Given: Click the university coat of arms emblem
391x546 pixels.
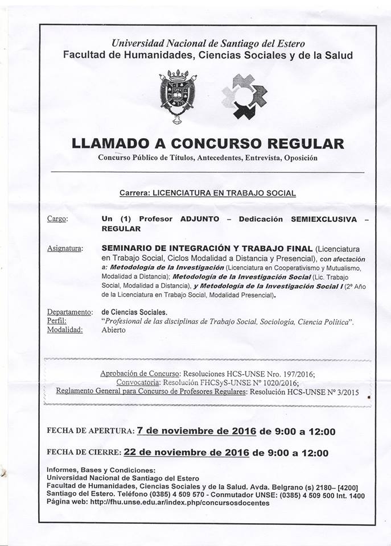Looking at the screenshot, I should (178, 95).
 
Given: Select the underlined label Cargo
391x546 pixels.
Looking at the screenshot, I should (57, 219).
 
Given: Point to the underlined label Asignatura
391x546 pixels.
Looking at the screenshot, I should (65, 248).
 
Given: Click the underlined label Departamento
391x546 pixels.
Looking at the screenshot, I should (69, 312).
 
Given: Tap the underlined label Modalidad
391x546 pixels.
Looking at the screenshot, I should (65, 330).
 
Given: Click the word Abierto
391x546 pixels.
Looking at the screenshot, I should (114, 330).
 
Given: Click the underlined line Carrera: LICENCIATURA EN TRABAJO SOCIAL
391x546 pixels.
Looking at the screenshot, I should (207, 193).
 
